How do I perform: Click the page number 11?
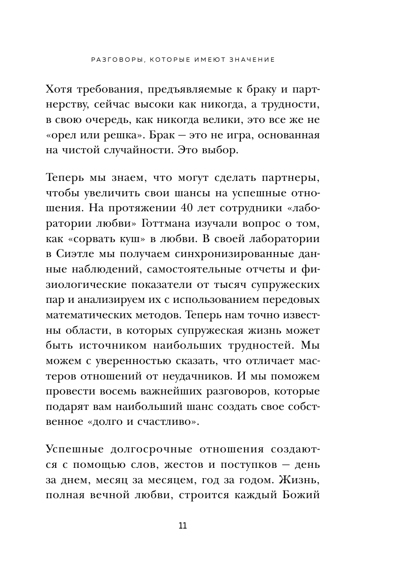point(182,525)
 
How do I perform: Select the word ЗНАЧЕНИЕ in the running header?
point(250,60)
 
